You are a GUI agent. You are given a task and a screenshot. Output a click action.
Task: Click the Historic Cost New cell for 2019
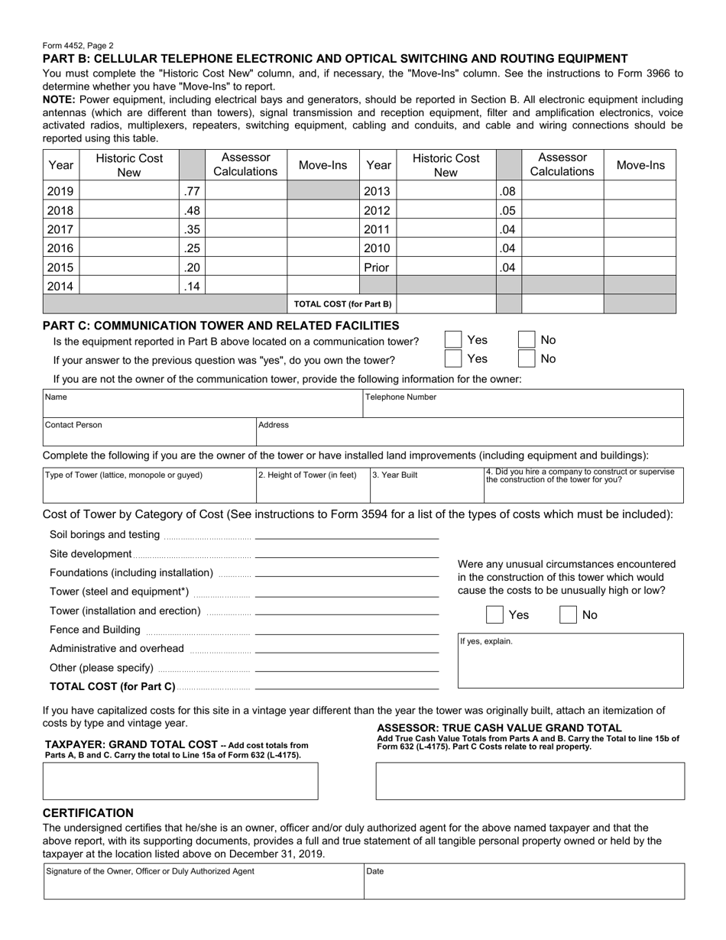[x=128, y=192]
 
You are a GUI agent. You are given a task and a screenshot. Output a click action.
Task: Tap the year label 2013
[x=378, y=192]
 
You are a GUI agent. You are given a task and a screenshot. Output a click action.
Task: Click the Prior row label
[x=378, y=267]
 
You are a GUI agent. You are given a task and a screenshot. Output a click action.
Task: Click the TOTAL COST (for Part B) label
[x=342, y=304]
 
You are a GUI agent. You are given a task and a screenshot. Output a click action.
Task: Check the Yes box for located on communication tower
[x=453, y=340]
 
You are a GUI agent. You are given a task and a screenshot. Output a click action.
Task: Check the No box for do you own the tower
[x=527, y=358]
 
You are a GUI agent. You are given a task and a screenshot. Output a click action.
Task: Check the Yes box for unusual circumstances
[x=495, y=615]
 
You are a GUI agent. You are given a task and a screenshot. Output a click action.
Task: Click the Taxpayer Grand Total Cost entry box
[x=180, y=781]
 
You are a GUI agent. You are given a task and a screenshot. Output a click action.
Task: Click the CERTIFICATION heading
[x=88, y=813]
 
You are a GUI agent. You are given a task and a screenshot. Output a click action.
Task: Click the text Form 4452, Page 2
[x=78, y=46]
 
